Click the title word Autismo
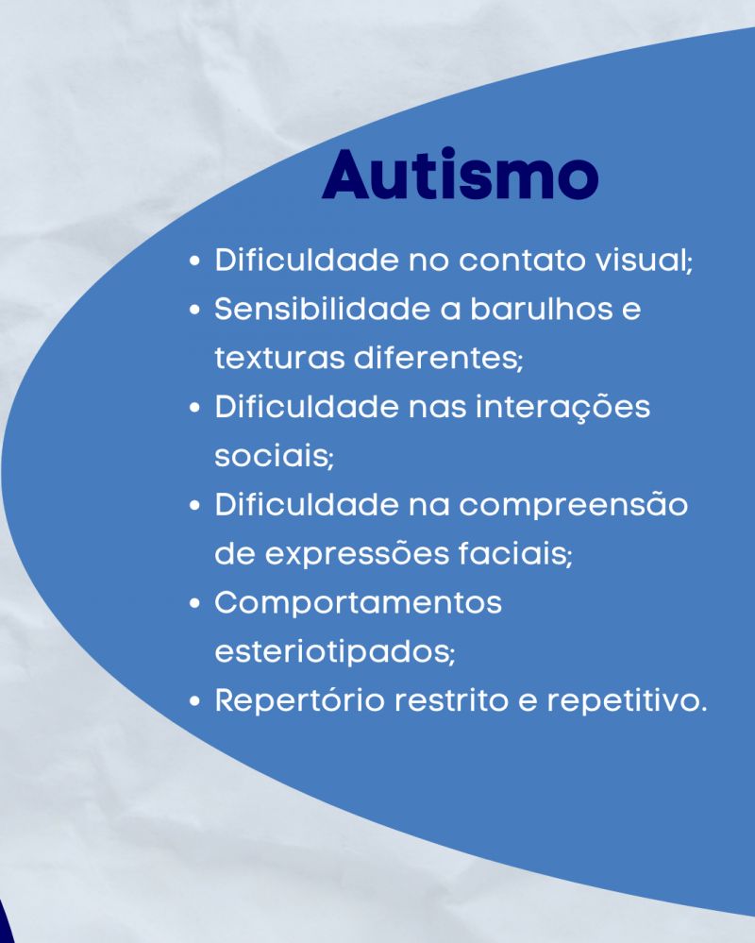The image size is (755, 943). pyautogui.click(x=461, y=174)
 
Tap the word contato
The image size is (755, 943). pyautogui.click(x=523, y=260)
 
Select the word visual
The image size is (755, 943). pyautogui.click(x=644, y=260)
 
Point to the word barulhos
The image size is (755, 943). pyautogui.click(x=537, y=309)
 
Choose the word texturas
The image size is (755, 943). pyautogui.click(x=279, y=358)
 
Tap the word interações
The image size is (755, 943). pyautogui.click(x=562, y=407)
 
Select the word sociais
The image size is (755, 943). pyautogui.click(x=274, y=456)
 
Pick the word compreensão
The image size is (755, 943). pyautogui.click(x=574, y=505)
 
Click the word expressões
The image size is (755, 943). pyautogui.click(x=357, y=553)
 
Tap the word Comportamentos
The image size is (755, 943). pyautogui.click(x=359, y=603)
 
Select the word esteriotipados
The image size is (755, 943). pyautogui.click(x=334, y=652)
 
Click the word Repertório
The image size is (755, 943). pyautogui.click(x=299, y=700)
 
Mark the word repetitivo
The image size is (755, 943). pyautogui.click(x=627, y=701)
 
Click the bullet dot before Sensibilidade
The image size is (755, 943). pyautogui.click(x=194, y=310)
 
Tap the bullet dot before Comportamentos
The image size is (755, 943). pyautogui.click(x=194, y=603)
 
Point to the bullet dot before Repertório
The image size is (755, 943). pyautogui.click(x=194, y=701)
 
